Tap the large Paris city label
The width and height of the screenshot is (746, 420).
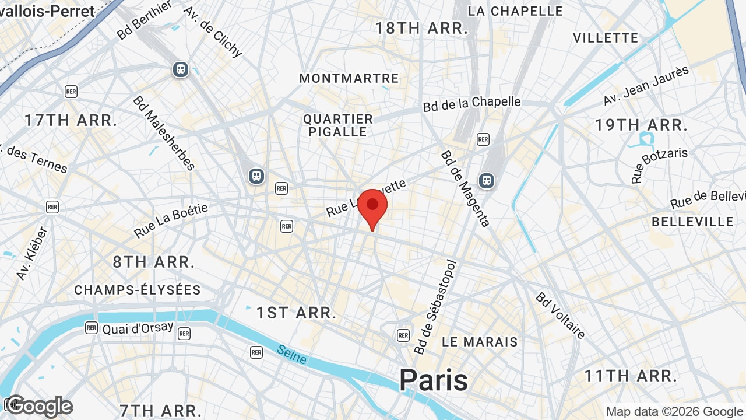[433, 380]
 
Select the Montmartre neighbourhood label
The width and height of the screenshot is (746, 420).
[349, 78]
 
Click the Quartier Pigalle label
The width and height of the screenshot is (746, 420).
[338, 125]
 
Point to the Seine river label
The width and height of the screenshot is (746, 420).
[291, 354]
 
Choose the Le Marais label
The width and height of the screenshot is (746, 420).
[480, 342]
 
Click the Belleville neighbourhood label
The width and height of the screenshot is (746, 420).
[692, 222]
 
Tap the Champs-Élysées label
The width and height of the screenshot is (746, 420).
[138, 290]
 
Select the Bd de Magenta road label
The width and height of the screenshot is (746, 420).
[465, 188]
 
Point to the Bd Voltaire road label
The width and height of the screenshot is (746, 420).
[560, 315]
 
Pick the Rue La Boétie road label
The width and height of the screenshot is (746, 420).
[171, 221]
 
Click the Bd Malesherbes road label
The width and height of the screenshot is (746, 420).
[164, 133]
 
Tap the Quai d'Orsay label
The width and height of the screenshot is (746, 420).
[138, 328]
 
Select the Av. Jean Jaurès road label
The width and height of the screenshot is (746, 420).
[646, 86]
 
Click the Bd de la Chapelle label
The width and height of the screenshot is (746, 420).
[472, 103]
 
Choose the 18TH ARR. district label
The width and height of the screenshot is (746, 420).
[421, 28]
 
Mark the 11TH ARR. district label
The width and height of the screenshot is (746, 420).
[631, 376]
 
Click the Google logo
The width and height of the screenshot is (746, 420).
[40, 406]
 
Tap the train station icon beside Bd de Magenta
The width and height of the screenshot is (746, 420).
[487, 181]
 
